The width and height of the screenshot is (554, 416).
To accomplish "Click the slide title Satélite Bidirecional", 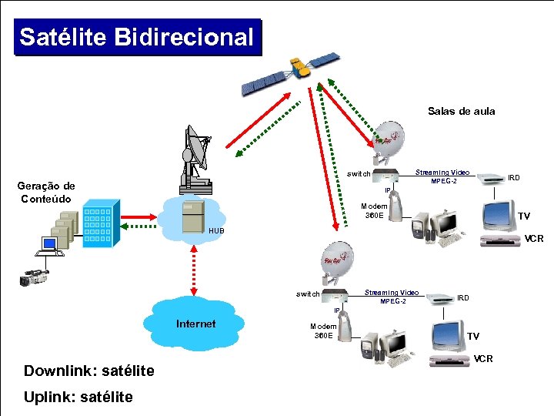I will (136, 37).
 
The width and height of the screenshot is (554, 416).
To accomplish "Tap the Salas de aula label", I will (461, 111).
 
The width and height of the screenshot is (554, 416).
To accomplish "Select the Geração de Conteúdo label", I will (46, 192).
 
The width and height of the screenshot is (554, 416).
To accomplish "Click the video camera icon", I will (35, 277).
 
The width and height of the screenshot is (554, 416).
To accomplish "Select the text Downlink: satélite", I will (88, 371).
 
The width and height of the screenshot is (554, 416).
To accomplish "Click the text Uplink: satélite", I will (78, 397).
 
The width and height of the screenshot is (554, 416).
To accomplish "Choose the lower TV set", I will (448, 335).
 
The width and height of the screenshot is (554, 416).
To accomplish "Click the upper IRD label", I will (513, 178).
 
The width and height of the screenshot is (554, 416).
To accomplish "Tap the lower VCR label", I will (483, 359).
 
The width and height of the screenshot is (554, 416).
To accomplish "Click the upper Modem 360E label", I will (374, 210).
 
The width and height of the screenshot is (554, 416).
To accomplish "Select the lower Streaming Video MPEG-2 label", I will (392, 297).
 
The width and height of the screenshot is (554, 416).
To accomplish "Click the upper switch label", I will (358, 173).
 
